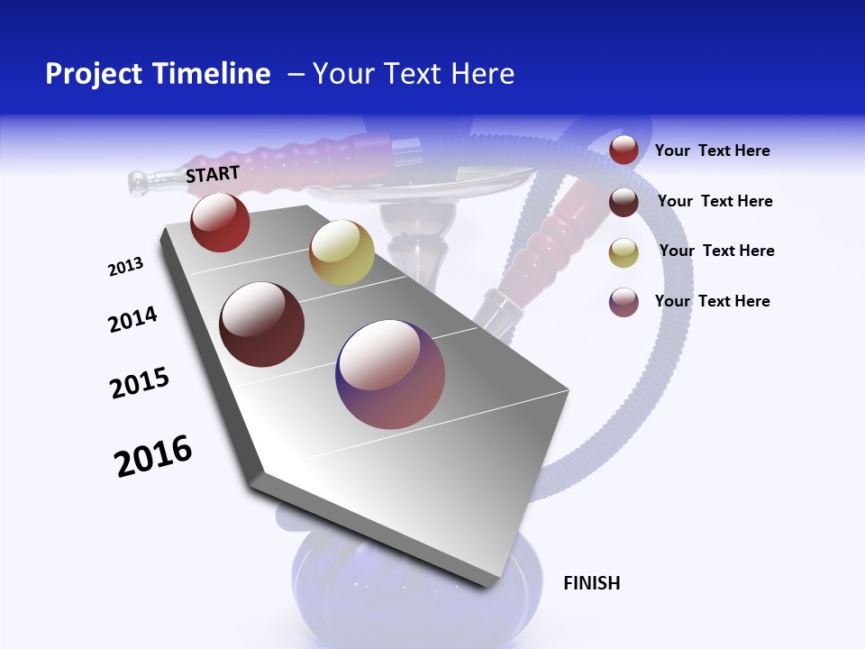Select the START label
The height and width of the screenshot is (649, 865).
pos(213,174)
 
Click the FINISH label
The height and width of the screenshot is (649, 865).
pos(591,583)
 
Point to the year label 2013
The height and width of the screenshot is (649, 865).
pos(125,267)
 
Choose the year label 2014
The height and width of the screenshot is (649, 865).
pos(132,319)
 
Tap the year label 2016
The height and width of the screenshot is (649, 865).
pos(153,456)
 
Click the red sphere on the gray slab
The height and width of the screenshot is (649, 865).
pos(220,222)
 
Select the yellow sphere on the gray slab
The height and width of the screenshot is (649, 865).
pos(341,252)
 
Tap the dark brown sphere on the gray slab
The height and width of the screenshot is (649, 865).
pos(262,324)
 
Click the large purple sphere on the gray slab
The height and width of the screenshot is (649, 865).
pos(390,375)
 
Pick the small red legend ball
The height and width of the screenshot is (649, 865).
pos(624,151)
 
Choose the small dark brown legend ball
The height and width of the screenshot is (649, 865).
pos(624,201)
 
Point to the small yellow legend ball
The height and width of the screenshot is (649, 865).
pos(624,251)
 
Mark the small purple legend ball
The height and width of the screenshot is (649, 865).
pos(624,301)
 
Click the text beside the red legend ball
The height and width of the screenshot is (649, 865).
pos(712,151)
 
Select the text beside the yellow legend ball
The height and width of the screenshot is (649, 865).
pos(716,251)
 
